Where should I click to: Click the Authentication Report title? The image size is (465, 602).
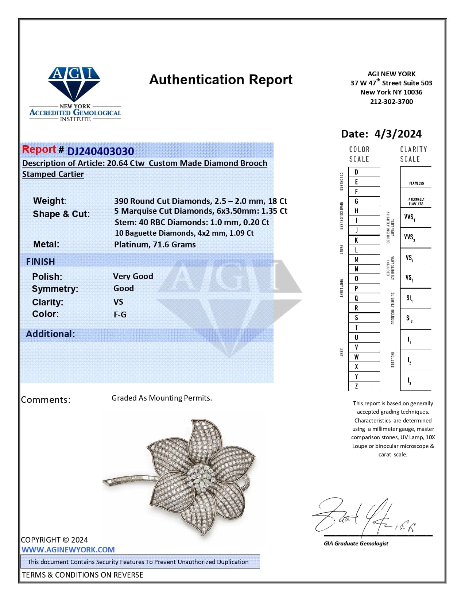click(221, 80)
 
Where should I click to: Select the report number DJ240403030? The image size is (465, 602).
click(100, 151)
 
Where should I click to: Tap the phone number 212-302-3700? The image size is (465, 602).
click(391, 101)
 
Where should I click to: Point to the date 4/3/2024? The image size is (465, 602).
click(398, 134)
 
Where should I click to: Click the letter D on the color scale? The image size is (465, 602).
click(356, 172)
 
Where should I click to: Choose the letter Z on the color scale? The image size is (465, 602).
click(356, 386)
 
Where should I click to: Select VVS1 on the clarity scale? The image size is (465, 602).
click(409, 217)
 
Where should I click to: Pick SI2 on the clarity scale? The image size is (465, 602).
click(409, 319)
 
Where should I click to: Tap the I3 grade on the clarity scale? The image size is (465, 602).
click(409, 381)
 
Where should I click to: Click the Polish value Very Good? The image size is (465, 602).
click(133, 276)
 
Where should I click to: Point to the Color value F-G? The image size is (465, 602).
click(120, 314)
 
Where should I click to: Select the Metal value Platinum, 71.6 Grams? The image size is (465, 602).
click(155, 244)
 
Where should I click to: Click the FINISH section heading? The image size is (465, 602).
click(40, 262)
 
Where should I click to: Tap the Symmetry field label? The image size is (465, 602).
click(55, 289)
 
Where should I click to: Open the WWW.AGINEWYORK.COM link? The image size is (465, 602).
click(68, 549)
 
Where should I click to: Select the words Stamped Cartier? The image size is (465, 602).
click(53, 174)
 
